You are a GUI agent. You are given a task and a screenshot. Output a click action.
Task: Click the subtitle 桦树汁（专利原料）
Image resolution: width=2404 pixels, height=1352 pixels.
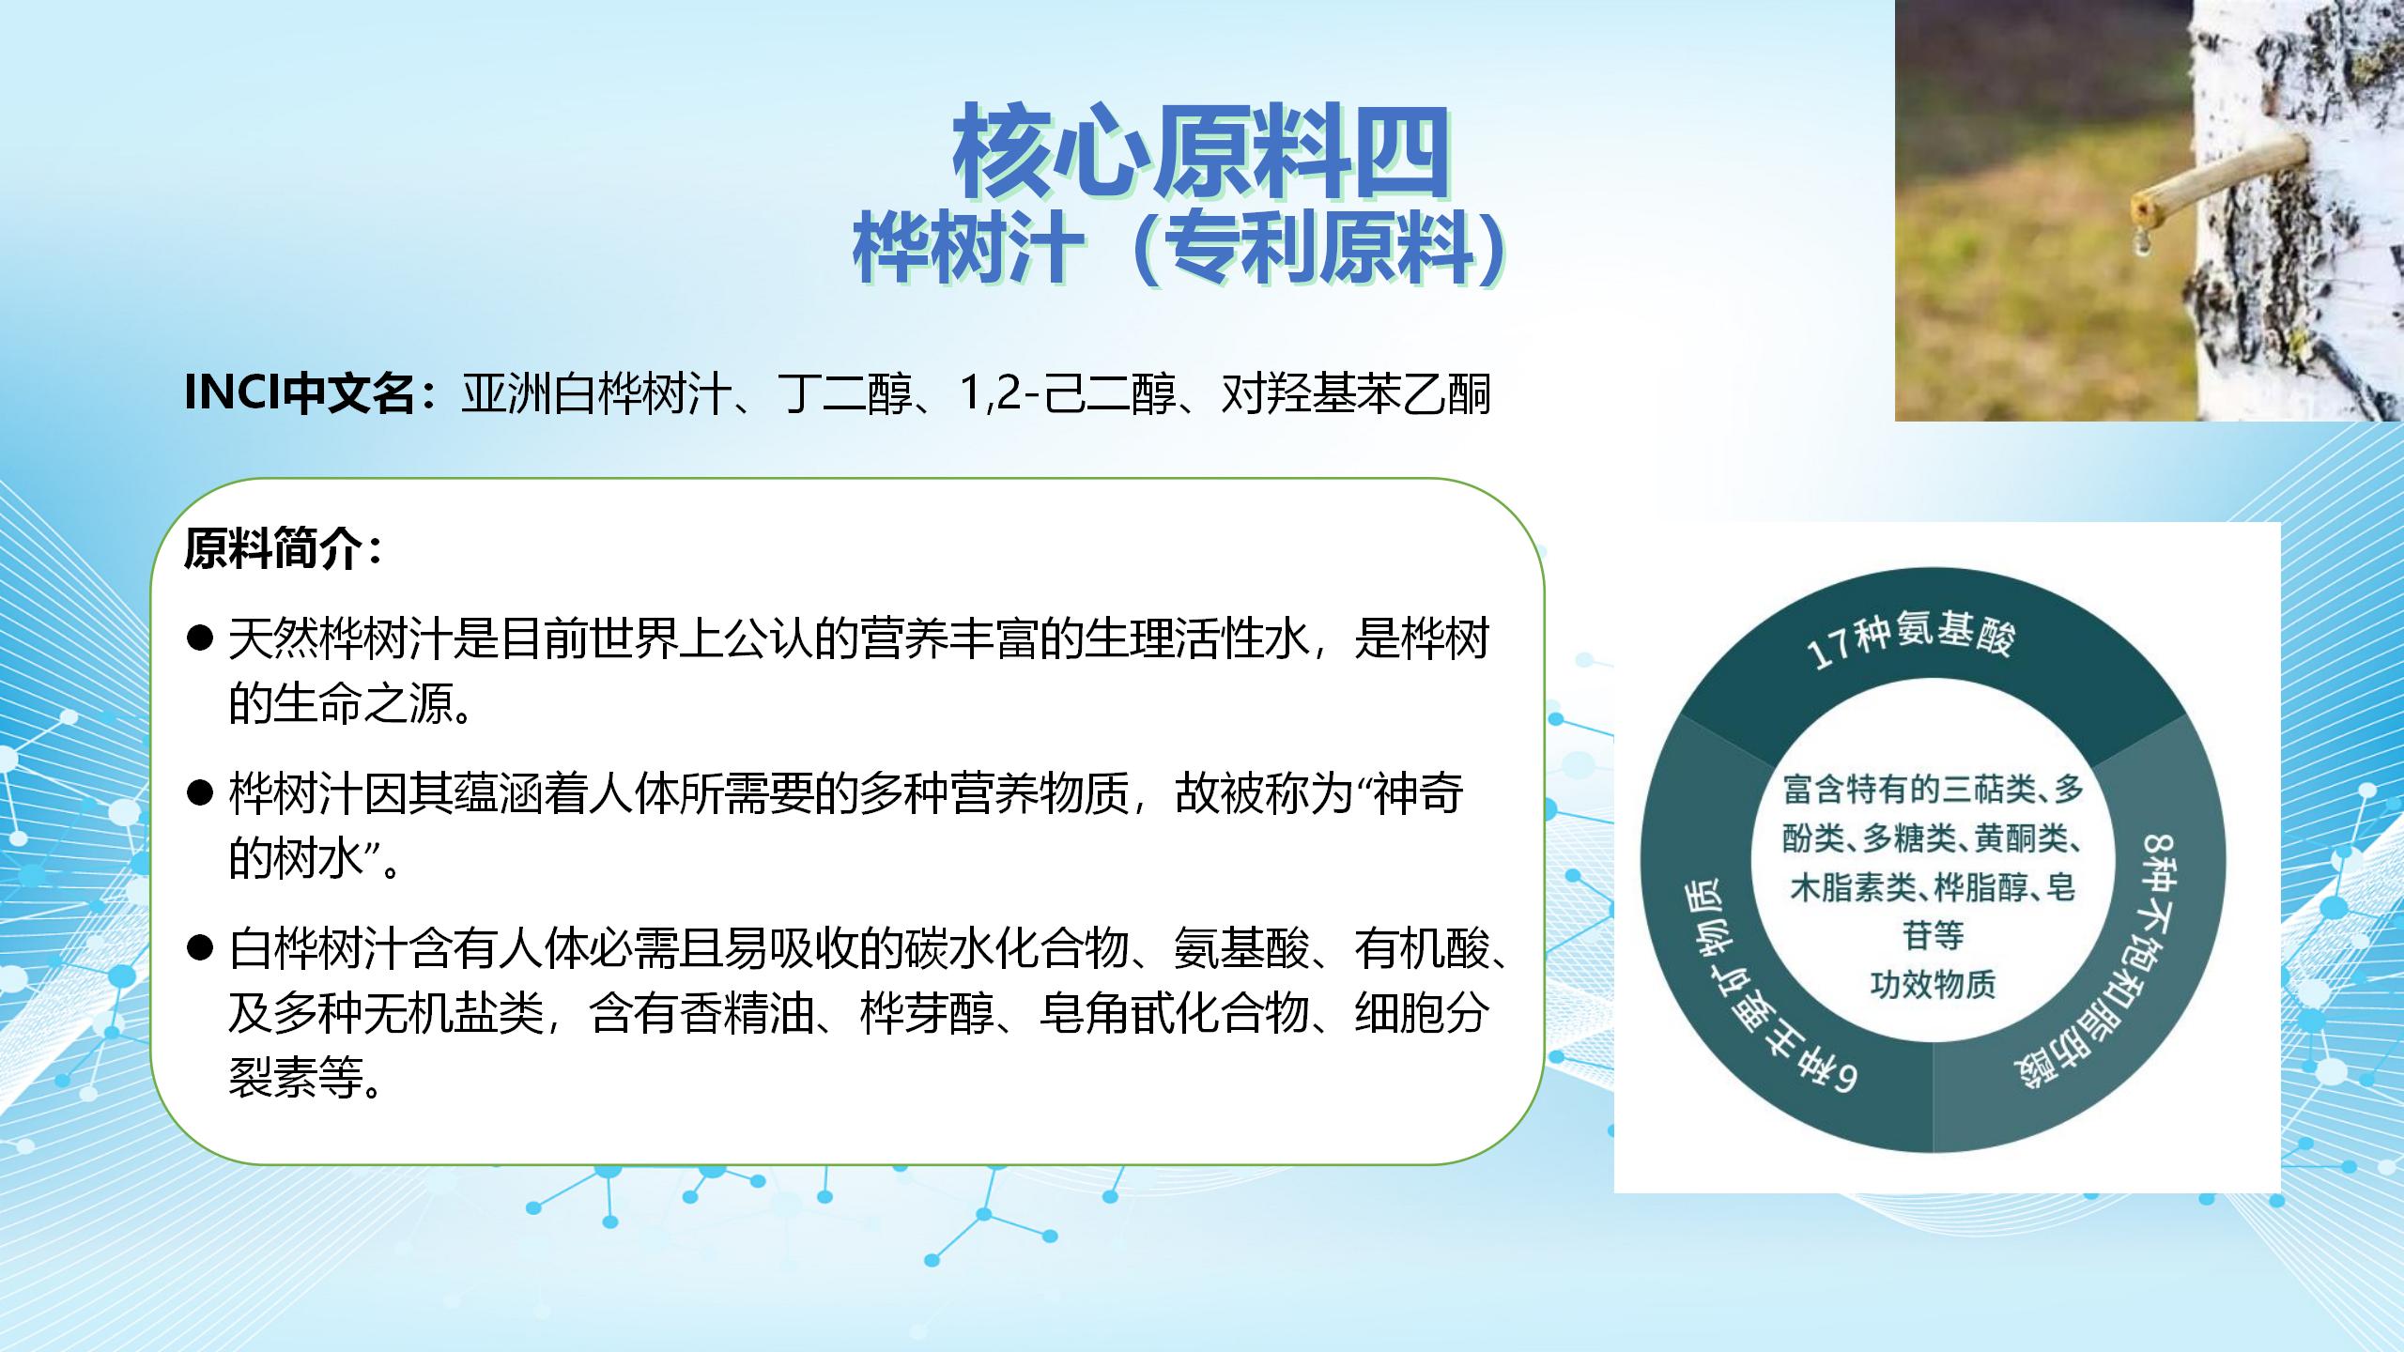(1180, 249)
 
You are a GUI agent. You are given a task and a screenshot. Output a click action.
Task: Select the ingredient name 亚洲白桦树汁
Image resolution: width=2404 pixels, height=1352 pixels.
(597, 393)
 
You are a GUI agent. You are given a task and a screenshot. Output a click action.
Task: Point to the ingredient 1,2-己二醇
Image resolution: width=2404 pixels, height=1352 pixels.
(1067, 393)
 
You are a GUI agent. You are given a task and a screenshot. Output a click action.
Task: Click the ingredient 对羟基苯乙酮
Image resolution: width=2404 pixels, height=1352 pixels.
(1357, 393)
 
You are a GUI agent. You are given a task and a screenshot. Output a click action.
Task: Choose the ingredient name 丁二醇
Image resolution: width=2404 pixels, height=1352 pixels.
(845, 393)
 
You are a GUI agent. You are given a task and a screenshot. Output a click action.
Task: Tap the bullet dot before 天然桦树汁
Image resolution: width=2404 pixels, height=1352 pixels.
(200, 638)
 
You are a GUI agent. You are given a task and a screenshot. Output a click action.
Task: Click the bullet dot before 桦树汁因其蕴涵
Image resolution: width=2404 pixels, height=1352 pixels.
(200, 793)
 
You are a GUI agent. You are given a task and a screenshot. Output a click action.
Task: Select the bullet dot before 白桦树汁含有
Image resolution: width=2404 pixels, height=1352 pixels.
(200, 948)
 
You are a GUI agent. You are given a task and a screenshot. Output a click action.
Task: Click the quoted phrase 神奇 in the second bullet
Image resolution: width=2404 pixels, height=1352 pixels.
(1418, 793)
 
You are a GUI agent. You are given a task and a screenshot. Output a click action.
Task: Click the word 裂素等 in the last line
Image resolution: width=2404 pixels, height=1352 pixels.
(296, 1076)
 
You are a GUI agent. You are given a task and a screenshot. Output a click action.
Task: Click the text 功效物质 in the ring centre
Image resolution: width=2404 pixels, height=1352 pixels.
(1933, 984)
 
